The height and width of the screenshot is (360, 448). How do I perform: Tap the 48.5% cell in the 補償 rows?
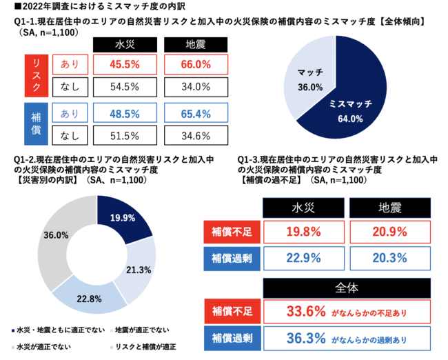125,112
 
